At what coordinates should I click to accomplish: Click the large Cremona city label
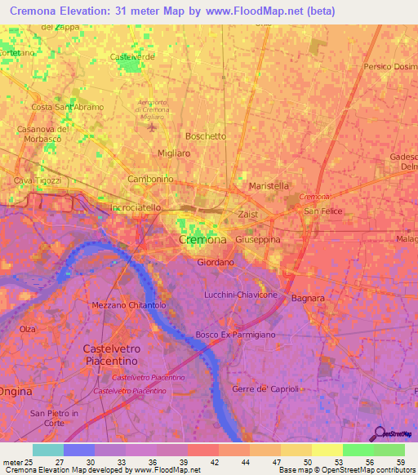[202, 240]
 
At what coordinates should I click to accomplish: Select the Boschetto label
[206, 136]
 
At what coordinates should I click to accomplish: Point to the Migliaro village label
[173, 153]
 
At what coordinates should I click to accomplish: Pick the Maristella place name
[268, 185]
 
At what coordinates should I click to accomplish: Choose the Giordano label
[216, 263]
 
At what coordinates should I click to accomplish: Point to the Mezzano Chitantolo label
[129, 304]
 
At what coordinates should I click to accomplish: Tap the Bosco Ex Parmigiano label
[235, 335]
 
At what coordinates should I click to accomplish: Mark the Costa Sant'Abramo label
[65, 107]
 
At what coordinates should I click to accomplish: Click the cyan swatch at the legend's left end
[47, 450]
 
